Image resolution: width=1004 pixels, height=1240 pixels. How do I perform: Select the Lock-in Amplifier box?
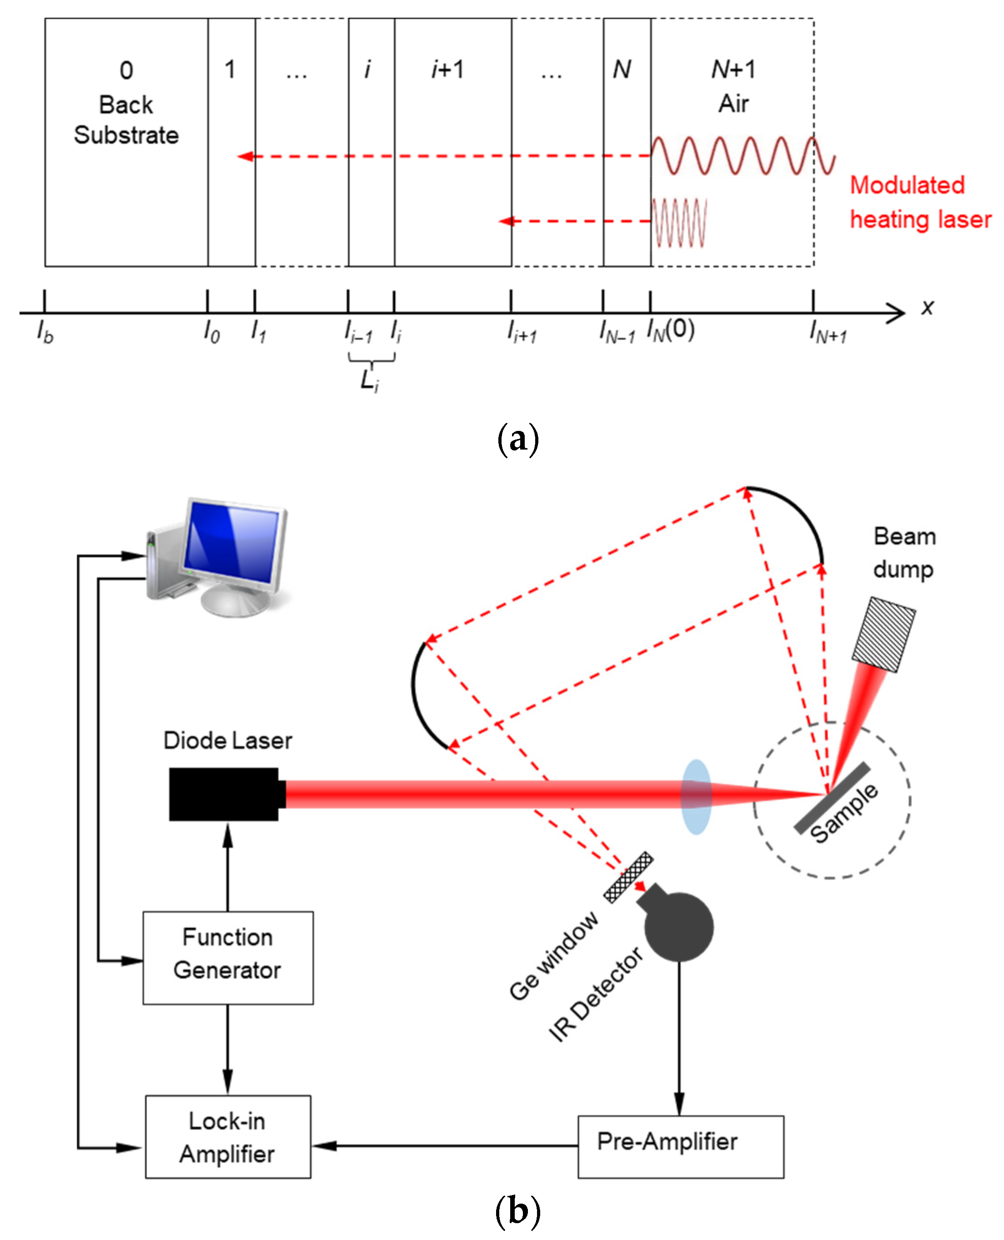(x=228, y=1136)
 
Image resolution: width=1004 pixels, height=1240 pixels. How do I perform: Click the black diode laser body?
(x=224, y=794)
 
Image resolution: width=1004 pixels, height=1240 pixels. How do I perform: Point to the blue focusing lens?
(x=696, y=797)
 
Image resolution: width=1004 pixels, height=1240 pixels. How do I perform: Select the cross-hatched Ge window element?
(x=628, y=877)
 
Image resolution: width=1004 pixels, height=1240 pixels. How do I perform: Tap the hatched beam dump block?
(x=883, y=634)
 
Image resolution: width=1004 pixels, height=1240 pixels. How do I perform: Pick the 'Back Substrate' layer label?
(x=126, y=120)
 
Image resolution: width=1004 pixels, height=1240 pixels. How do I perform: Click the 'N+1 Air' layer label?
(x=733, y=87)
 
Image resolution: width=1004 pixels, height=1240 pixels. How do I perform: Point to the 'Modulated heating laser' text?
(x=919, y=202)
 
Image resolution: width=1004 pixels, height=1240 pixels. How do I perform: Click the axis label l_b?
(x=45, y=332)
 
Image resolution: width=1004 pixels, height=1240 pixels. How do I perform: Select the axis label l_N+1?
(x=828, y=332)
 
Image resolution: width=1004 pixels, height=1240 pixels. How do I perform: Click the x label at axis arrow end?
(x=927, y=307)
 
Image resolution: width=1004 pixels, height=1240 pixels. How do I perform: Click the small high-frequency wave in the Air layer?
(x=679, y=223)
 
